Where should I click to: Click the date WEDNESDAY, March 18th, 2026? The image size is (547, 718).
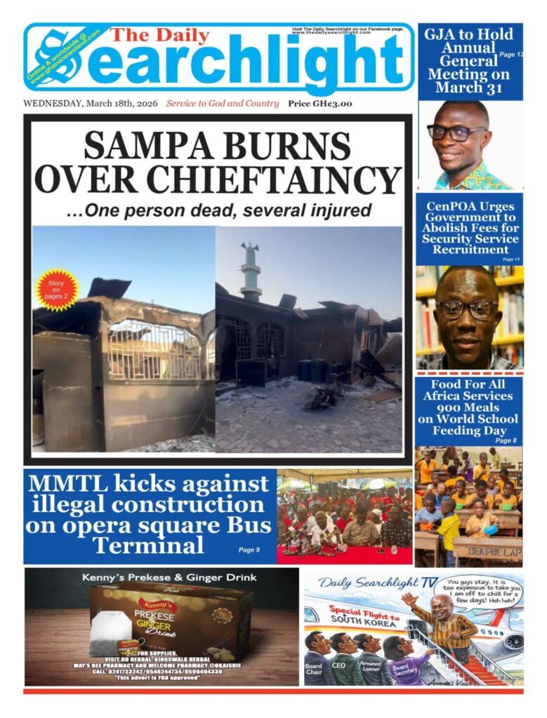click(91, 104)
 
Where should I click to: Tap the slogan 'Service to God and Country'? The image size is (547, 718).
click(223, 104)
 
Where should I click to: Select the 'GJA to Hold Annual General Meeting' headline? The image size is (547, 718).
click(468, 60)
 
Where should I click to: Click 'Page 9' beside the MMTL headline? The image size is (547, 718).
click(249, 550)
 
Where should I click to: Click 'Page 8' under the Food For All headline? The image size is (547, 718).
click(504, 440)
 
